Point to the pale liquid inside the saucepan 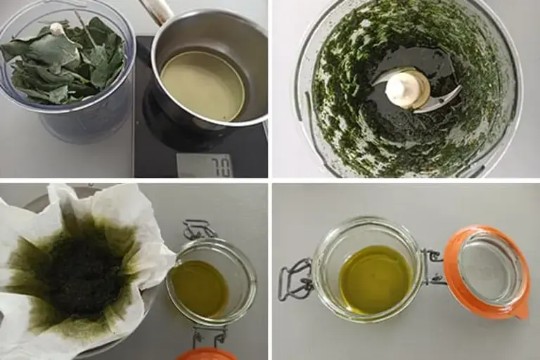pos(202,85)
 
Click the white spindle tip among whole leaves pos(57,29)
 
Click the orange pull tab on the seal pos(521,309)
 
